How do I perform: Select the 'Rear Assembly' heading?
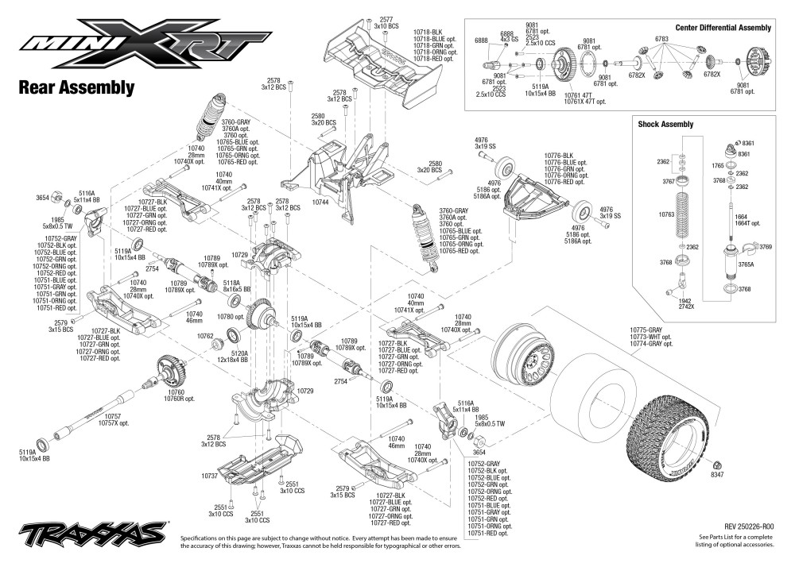pyautogui.click(x=76, y=87)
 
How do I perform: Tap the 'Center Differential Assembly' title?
pyautogui.click(x=723, y=28)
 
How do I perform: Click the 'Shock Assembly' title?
pyautogui.click(x=665, y=124)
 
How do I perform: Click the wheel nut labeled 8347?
pyautogui.click(x=718, y=462)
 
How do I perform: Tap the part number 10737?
pyautogui.click(x=210, y=475)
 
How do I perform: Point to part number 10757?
pyautogui.click(x=112, y=415)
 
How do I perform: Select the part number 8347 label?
pyautogui.click(x=717, y=475)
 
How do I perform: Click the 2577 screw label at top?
pyautogui.click(x=386, y=19)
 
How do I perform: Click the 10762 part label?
pyautogui.click(x=206, y=336)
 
